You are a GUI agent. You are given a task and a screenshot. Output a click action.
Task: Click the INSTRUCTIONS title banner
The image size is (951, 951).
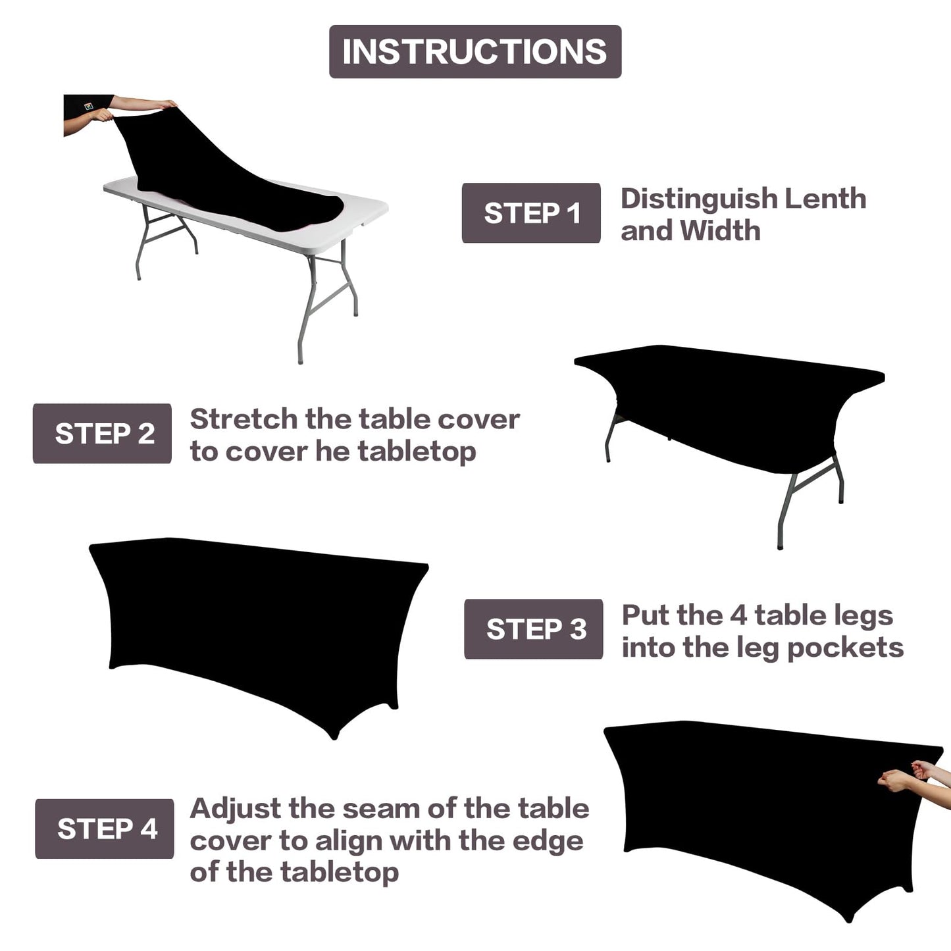click(475, 52)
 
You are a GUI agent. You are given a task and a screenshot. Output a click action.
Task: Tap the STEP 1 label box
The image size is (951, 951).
click(531, 213)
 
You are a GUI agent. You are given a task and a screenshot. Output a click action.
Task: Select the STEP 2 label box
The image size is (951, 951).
click(102, 434)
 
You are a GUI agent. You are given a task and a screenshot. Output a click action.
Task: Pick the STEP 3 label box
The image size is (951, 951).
click(534, 629)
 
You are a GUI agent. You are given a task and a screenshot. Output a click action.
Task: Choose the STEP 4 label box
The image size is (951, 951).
click(105, 829)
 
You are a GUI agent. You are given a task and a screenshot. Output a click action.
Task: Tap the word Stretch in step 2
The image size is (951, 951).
click(243, 419)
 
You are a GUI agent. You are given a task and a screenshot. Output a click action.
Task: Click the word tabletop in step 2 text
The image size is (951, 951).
click(417, 453)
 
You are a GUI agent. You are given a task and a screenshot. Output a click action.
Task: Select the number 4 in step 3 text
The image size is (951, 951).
click(738, 616)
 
